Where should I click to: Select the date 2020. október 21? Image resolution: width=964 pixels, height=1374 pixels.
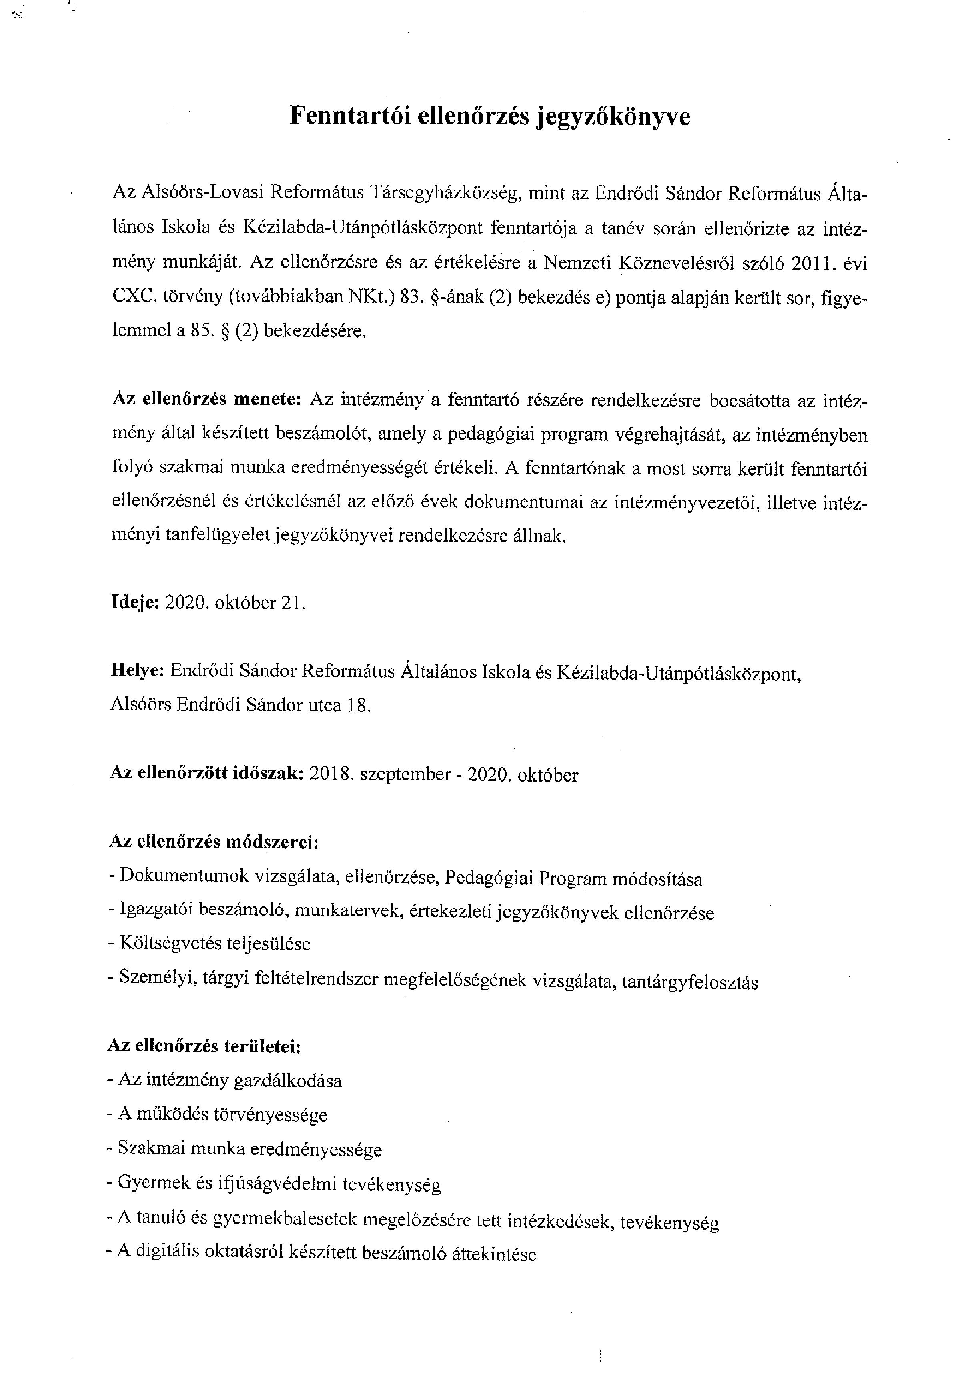pos(235,602)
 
